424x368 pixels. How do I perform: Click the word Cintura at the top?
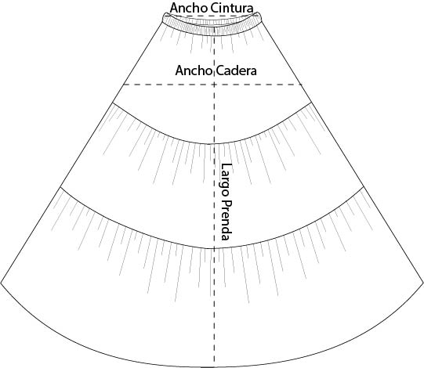(232, 8)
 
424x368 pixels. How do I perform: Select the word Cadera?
(237, 70)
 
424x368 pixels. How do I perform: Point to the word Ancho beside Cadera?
(194, 70)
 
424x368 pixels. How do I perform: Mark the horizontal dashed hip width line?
(212, 85)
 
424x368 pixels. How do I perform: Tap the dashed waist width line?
(212, 16)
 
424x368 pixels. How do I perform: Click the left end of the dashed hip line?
(124, 85)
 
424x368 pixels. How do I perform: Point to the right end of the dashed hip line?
(302, 85)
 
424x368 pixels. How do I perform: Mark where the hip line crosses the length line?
(215, 85)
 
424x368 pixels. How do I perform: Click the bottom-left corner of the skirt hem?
(1, 283)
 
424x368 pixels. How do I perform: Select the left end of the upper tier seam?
(113, 103)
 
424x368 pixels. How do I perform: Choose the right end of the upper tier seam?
(311, 103)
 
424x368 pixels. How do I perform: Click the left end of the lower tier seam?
(60, 186)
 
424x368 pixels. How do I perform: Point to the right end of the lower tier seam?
(363, 186)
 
